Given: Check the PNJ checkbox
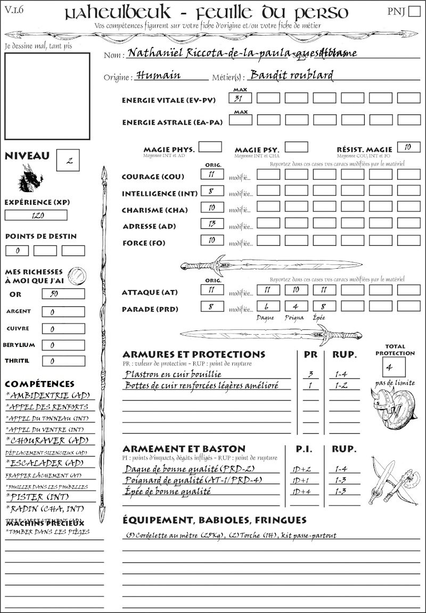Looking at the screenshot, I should pos(413,12).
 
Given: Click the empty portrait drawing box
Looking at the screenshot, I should pos(47,95).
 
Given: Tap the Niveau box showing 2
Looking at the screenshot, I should pos(68,160).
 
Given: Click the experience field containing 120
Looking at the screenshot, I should pos(36,215).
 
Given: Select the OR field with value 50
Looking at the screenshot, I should pos(63,294).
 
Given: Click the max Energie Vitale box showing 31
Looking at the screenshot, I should pos(241,98).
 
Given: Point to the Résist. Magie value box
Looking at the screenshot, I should pos(408,147).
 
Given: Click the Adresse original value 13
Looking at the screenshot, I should pos(212,224).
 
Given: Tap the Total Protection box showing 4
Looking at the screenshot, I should pos(394,367).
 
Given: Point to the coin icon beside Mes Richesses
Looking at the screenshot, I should pos(77,275).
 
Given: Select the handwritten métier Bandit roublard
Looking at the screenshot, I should pos(291,75).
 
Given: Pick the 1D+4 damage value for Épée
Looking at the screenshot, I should pos(301,491).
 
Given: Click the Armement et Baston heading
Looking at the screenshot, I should pos(184,449).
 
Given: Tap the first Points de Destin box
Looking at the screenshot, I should pos(17,250).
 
